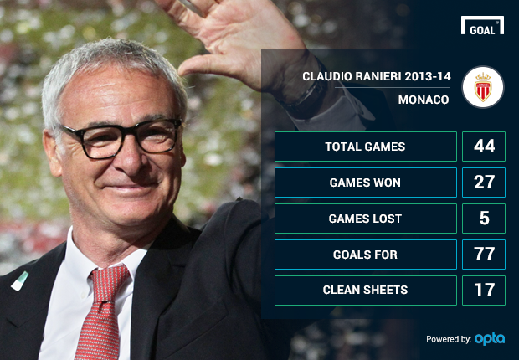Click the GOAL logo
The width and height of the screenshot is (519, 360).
482,25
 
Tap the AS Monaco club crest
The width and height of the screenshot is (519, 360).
483,87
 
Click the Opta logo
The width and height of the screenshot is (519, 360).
490,339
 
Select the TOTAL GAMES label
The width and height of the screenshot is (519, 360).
365,147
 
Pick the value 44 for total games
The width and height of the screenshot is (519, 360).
484,146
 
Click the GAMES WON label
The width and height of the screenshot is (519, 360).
365,183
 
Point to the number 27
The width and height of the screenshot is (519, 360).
484,183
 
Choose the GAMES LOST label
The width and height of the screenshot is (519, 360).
365,219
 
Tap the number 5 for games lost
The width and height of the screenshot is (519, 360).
484,219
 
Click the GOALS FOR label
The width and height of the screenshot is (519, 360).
365,255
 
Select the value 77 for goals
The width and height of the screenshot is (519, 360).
484,254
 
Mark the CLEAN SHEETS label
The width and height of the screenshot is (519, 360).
365,290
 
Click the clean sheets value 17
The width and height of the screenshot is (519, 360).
485,290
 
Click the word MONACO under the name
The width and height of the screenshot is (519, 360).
424,100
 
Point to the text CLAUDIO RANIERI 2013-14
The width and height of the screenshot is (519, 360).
377,76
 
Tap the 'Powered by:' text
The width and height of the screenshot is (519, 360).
449,339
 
